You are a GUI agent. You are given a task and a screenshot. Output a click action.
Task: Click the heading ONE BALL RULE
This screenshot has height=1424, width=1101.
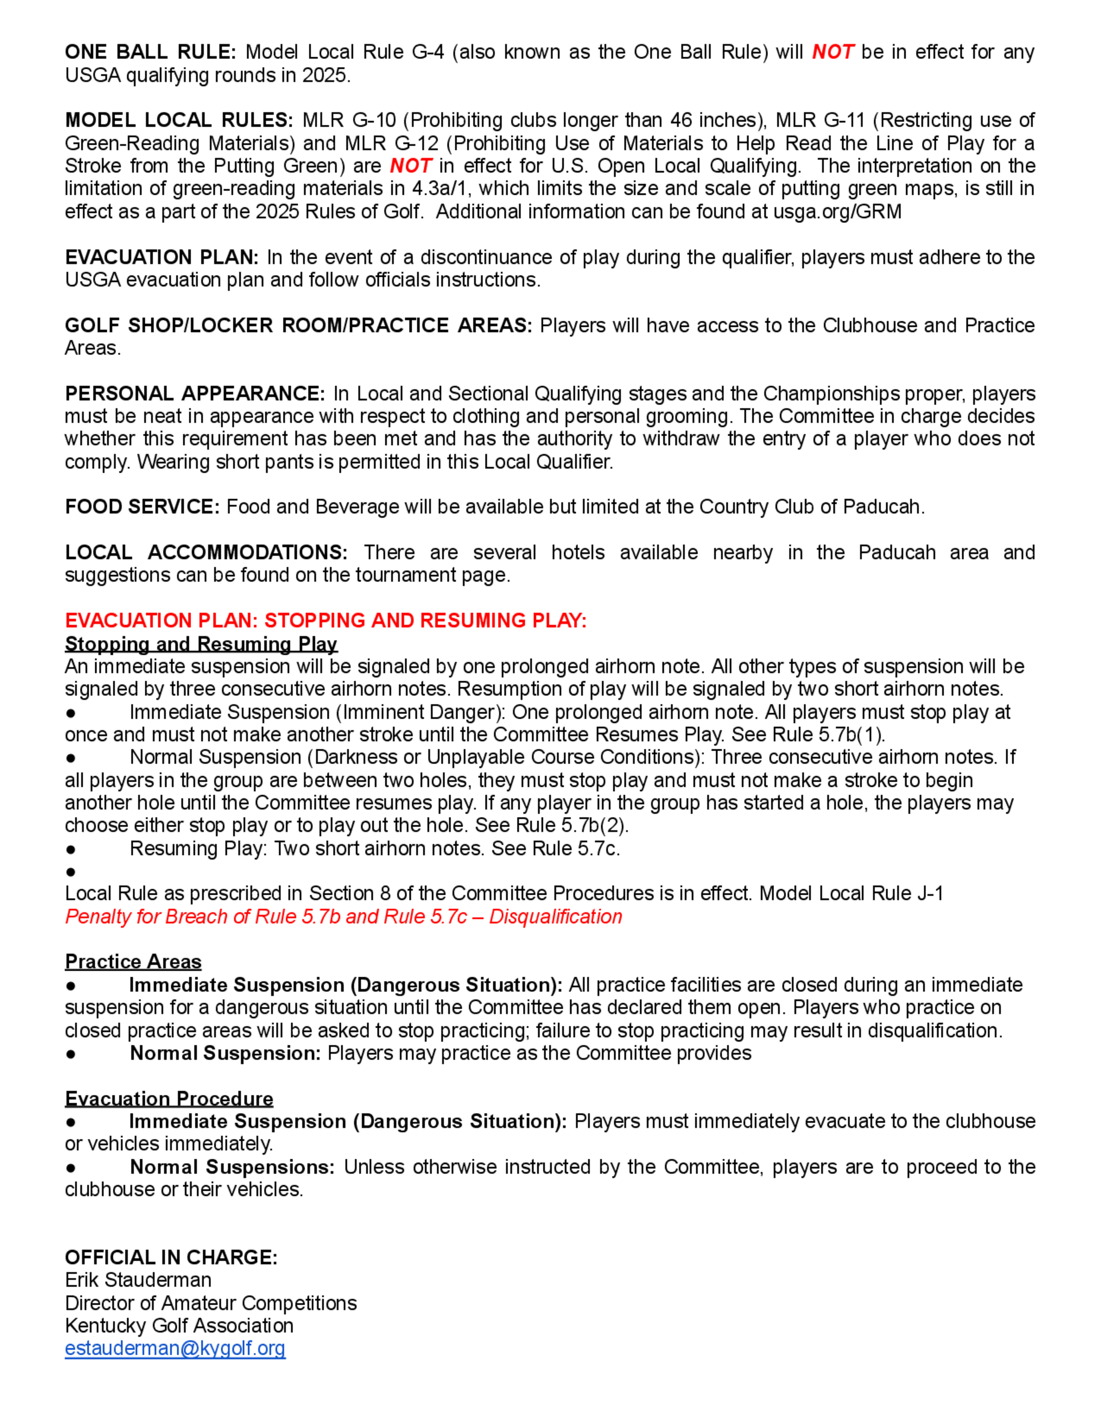tap(151, 52)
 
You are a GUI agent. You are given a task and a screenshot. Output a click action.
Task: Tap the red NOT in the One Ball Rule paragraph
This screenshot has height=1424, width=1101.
tap(832, 52)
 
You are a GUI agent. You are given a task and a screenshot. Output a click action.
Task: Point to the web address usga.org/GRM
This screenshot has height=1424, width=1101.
tap(837, 211)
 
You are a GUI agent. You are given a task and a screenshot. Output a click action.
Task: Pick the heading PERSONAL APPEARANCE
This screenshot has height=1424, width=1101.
tap(194, 393)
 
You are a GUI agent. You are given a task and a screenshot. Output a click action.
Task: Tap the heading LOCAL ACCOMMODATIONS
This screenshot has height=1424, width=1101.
tap(206, 552)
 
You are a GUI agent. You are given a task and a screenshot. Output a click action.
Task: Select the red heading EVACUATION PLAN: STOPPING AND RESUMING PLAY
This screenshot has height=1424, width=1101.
tap(325, 620)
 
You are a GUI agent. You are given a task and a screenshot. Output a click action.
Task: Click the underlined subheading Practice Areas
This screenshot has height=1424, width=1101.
tap(133, 962)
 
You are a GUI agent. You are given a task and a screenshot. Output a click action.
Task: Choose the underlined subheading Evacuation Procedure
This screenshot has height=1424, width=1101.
tap(169, 1099)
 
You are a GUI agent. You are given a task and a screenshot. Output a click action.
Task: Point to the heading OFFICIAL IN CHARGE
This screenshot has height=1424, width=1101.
tap(171, 1257)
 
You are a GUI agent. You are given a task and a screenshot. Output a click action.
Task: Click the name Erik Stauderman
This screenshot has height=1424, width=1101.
tap(138, 1280)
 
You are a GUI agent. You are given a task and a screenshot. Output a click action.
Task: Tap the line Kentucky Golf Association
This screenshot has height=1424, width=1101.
tap(179, 1326)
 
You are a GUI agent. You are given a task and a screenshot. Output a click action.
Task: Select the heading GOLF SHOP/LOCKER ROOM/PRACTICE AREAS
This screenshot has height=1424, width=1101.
tap(298, 325)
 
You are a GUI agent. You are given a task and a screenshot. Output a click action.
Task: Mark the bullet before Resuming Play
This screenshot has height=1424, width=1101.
tap(70, 849)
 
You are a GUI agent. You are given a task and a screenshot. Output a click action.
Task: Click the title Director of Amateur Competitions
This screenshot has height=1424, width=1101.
tap(211, 1303)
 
